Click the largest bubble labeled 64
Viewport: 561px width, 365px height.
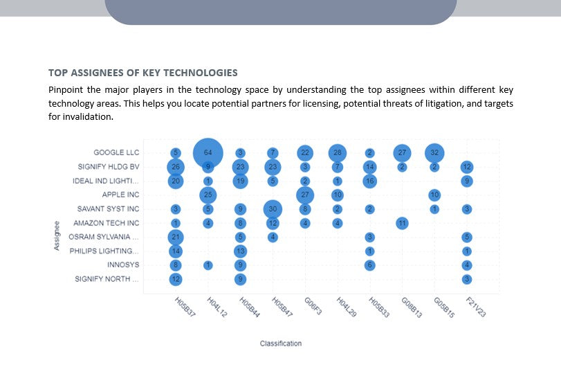pos(208,152)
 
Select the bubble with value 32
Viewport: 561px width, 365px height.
pos(434,152)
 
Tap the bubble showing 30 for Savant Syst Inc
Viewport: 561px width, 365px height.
pos(273,208)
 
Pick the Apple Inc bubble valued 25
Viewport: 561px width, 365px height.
pos(208,195)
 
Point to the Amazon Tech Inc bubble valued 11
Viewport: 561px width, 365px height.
pos(402,223)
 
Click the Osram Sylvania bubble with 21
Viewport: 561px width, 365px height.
pos(176,237)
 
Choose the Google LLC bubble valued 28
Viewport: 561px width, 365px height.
pos(338,152)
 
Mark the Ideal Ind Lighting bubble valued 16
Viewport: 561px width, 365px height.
pos(370,181)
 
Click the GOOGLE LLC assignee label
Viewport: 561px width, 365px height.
pos(116,152)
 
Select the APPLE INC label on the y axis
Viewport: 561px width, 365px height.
pos(120,195)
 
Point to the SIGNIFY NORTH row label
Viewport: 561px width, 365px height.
pos(107,279)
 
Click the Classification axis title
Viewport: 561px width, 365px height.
pos(280,344)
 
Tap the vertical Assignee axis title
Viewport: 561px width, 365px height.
pos(57,235)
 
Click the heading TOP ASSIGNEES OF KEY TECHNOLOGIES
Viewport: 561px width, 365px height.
pos(143,73)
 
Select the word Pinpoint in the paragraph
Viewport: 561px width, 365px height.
pos(67,90)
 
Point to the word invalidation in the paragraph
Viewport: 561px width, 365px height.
pos(86,116)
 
